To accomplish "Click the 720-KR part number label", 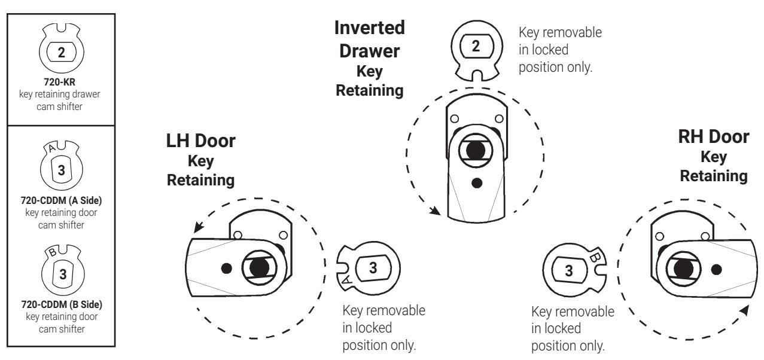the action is click(x=59, y=82).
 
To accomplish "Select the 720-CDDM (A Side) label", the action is click(x=61, y=200).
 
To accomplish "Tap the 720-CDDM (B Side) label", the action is click(x=62, y=304).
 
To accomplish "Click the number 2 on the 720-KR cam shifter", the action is click(x=62, y=52).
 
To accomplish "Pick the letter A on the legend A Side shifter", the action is click(x=51, y=148).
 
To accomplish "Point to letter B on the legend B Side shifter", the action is click(x=52, y=252).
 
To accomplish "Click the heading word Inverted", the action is click(x=369, y=28).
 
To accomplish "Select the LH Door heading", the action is click(x=200, y=141).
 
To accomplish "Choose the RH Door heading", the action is click(x=714, y=137).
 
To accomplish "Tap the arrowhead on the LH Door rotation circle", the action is click(x=199, y=227).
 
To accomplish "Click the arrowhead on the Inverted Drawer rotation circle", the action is click(x=435, y=211).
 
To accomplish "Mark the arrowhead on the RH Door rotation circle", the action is click(x=744, y=310).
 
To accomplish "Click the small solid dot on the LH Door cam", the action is click(x=227, y=269).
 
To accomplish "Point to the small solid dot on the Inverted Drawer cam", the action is click(x=477, y=183).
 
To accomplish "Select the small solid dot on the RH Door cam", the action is click(x=716, y=270).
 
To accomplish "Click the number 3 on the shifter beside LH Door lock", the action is click(x=373, y=268).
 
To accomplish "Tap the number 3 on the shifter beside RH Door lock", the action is click(x=568, y=271).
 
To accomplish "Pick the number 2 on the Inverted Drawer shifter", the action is click(x=476, y=46).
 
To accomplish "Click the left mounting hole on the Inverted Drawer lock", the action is click(x=454, y=118).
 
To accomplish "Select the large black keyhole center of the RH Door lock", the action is click(x=683, y=269).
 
